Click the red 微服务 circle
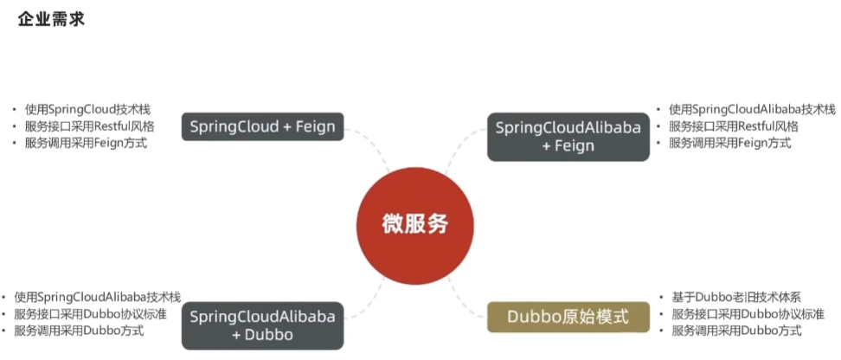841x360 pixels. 415,222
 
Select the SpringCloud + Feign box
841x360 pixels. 263,126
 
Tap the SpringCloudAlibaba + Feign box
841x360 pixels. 568,137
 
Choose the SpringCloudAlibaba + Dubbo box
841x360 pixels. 263,325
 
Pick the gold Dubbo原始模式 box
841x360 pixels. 568,316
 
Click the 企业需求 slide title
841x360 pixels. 51,19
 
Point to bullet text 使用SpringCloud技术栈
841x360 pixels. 87,110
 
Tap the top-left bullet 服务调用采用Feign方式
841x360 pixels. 86,143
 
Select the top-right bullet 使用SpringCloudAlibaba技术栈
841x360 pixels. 751,110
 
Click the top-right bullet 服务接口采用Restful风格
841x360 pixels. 733,126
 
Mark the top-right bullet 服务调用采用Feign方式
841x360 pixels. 729,143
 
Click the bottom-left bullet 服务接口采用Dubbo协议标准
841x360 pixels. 90,313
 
